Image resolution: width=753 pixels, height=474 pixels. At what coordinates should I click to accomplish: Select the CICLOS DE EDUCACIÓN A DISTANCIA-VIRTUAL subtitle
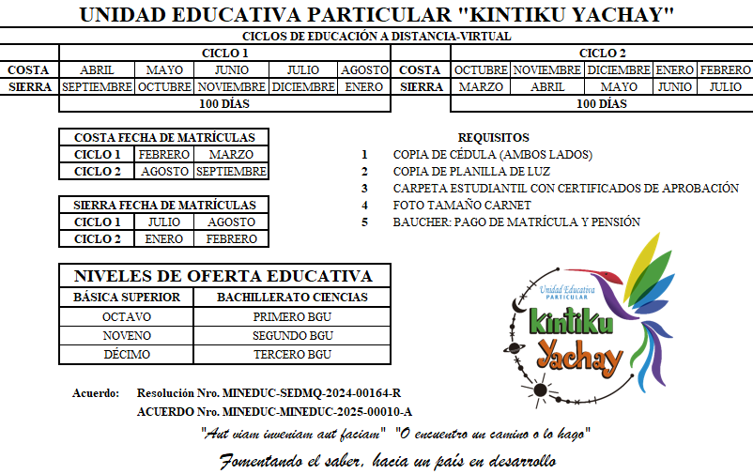(376, 37)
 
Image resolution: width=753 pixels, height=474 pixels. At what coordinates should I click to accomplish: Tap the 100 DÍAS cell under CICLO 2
(601, 104)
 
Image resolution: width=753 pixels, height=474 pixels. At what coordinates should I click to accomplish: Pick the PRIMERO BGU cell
(292, 316)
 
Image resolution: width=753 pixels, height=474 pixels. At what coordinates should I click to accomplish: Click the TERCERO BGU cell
(292, 355)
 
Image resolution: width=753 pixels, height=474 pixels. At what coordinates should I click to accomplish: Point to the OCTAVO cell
(126, 316)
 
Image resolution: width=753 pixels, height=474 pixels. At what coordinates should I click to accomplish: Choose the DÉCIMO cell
(126, 355)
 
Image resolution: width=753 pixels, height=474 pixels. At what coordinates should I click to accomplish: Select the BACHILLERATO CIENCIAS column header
(292, 298)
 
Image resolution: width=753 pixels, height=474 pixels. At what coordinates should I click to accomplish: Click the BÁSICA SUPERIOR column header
(126, 298)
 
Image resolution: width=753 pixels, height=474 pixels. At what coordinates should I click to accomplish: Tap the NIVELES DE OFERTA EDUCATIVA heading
(223, 276)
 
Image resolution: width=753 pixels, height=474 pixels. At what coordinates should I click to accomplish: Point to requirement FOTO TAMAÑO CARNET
(461, 206)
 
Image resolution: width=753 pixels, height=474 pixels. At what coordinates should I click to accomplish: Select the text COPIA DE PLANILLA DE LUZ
(471, 172)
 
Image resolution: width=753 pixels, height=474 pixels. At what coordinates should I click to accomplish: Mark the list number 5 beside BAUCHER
(365, 222)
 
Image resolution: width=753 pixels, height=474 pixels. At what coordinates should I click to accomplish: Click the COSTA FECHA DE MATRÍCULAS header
(163, 137)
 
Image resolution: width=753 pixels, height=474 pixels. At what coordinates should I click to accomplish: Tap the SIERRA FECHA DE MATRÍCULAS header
(163, 205)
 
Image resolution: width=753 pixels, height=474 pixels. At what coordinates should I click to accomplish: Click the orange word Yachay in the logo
(580, 354)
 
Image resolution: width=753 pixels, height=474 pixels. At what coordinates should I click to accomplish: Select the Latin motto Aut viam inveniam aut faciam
(293, 434)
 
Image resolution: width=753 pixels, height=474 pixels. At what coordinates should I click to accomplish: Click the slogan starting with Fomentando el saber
(387, 461)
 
